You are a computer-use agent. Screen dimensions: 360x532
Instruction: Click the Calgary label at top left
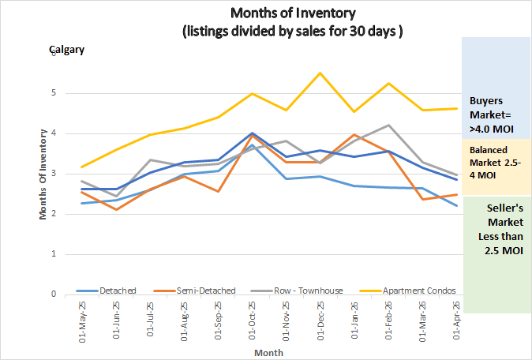tap(67, 49)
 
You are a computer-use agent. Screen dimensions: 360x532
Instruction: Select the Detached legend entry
tap(116, 291)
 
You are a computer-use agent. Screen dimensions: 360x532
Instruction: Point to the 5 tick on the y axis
tap(52, 93)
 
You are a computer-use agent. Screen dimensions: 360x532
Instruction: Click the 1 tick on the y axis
tap(52, 254)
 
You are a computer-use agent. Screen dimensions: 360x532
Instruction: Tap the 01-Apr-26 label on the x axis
tap(455, 321)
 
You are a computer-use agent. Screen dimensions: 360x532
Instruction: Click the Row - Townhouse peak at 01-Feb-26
tap(388, 125)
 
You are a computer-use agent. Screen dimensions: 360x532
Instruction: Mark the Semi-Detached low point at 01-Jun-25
tap(116, 209)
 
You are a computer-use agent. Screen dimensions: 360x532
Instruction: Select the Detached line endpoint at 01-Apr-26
tap(456, 206)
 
